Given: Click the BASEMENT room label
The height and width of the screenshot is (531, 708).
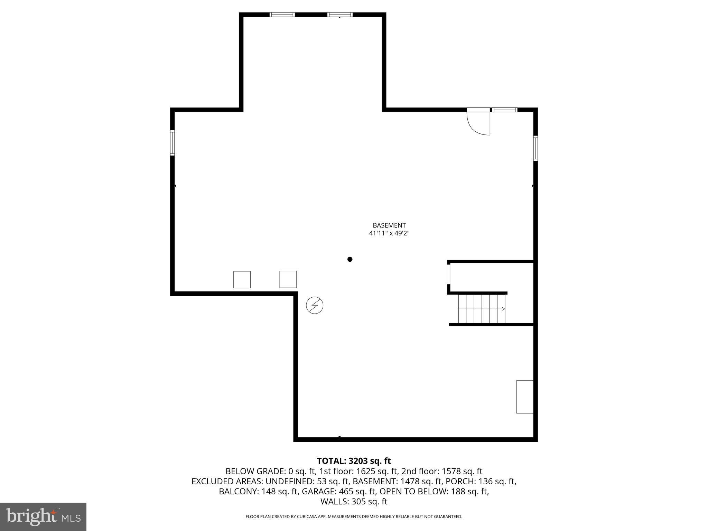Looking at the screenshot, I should [389, 225].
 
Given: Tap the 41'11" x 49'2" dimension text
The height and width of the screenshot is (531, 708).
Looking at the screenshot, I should [389, 233].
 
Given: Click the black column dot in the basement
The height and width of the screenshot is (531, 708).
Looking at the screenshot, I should [350, 259].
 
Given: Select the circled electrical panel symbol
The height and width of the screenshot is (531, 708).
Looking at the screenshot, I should [315, 306].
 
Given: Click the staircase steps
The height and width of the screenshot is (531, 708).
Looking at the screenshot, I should [481, 309].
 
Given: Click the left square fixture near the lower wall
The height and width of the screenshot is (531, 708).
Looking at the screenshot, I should [242, 280].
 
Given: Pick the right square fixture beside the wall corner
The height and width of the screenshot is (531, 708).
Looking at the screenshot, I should [288, 279].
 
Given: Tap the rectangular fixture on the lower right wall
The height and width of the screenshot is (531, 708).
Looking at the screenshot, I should [524, 397].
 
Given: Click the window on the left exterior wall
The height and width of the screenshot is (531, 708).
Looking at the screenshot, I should [172, 143].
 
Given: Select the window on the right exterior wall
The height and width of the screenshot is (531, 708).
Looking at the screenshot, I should [535, 148].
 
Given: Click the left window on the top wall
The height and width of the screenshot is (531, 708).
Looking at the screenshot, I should [282, 15].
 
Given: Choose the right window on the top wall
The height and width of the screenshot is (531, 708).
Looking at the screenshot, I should [340, 15].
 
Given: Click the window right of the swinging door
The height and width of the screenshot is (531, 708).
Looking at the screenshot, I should [505, 110].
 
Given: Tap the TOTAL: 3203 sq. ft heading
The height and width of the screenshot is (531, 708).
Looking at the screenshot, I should [354, 461].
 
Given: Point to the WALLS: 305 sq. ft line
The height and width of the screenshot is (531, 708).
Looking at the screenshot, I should [354, 502].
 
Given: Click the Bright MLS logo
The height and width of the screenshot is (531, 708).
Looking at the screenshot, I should [43, 516].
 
